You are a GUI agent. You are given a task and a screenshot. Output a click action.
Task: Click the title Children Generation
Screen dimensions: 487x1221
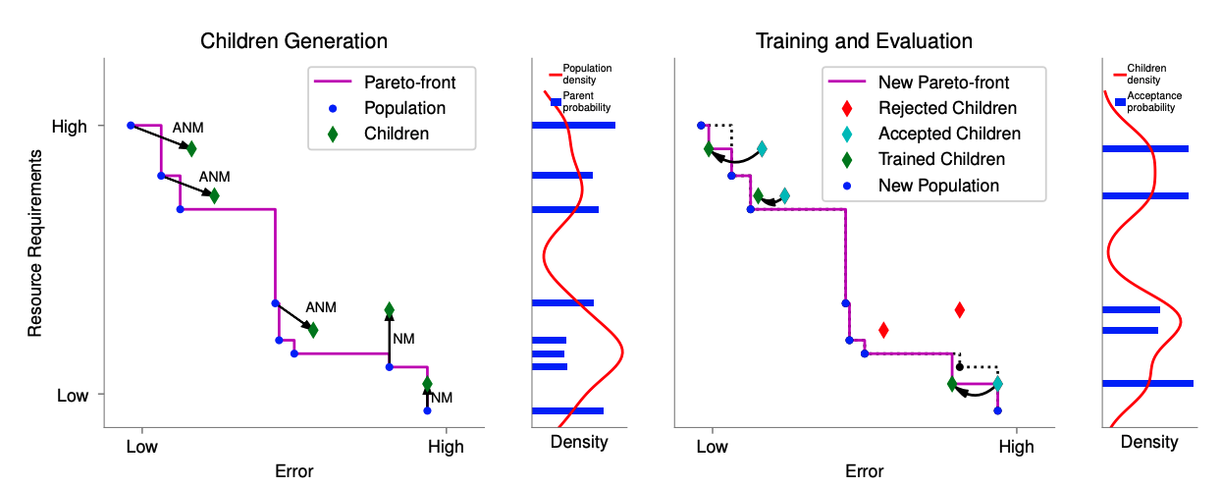(293, 41)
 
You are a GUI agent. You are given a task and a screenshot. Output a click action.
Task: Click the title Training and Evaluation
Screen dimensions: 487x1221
(864, 41)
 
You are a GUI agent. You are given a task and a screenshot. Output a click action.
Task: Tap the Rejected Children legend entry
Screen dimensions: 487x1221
(947, 108)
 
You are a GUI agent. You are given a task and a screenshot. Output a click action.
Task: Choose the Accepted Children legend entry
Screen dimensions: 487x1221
(949, 134)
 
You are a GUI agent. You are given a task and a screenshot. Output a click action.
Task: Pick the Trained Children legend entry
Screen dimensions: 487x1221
(941, 159)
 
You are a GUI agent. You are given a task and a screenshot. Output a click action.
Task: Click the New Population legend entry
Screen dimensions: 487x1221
(938, 185)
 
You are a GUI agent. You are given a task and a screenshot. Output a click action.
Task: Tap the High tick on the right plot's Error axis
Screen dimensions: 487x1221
(1017, 447)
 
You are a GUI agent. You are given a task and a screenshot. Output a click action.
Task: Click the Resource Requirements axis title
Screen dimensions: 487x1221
(35, 243)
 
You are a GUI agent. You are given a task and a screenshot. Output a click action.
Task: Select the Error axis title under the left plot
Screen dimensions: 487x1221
(293, 471)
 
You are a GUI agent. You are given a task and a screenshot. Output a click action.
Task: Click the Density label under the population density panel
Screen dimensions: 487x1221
(579, 442)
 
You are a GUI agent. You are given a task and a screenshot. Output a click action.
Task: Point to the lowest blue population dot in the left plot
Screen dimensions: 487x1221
(427, 410)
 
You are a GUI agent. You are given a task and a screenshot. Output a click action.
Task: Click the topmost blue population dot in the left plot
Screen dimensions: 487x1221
(131, 126)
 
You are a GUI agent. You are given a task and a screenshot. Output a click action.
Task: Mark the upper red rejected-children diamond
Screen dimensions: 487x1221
(959, 310)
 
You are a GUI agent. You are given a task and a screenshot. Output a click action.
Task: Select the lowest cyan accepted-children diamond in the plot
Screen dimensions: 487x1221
(997, 384)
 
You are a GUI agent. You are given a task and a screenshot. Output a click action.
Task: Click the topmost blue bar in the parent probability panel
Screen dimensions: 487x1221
(573, 126)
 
